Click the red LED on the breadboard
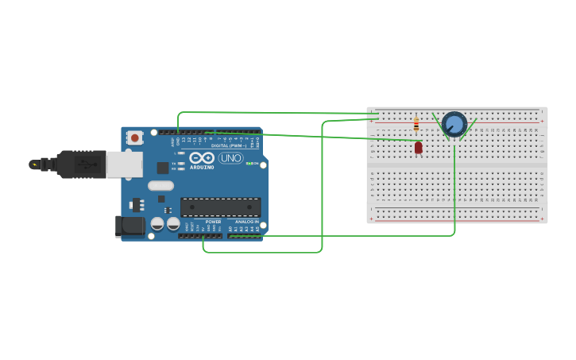(x=419, y=147)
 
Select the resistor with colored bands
(x=416, y=125)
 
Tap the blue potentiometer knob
(x=454, y=124)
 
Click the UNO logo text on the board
(x=230, y=158)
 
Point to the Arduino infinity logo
(x=201, y=157)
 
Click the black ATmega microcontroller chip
(x=220, y=207)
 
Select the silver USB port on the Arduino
(x=124, y=165)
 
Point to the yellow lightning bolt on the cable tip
(x=34, y=165)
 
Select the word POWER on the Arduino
(x=213, y=222)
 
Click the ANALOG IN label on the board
(x=246, y=222)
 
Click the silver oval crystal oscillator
(x=160, y=186)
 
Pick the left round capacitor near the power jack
(x=158, y=224)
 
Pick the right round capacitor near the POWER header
(x=173, y=224)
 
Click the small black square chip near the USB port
(x=163, y=167)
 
